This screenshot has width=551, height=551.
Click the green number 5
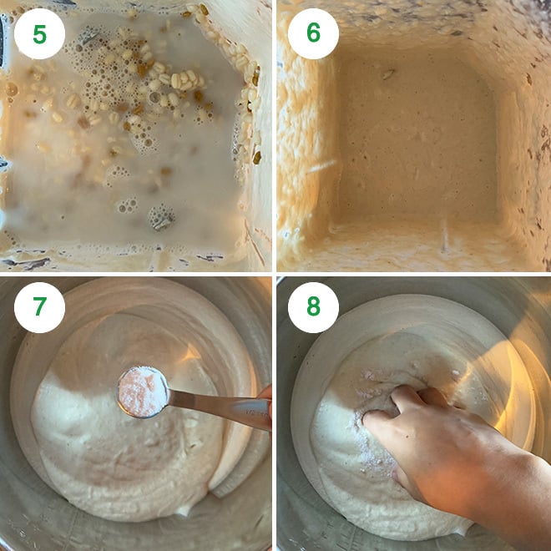pyautogui.click(x=39, y=34)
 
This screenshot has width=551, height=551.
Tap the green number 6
pyautogui.click(x=313, y=33)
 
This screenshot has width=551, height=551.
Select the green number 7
pyautogui.click(x=39, y=306)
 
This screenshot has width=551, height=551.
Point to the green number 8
pyautogui.click(x=313, y=306)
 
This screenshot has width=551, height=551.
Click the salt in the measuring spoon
pyautogui.click(x=142, y=392)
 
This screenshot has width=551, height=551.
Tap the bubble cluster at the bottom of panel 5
pyautogui.click(x=161, y=218)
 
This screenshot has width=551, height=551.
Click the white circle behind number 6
pyautogui.click(x=313, y=33)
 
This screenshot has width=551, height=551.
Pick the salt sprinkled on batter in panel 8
pyautogui.click(x=369, y=442)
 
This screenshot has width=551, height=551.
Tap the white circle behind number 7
pyautogui.click(x=39, y=307)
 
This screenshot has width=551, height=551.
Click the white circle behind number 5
pyautogui.click(x=39, y=33)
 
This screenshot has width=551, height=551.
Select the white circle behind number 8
pyautogui.click(x=313, y=307)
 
